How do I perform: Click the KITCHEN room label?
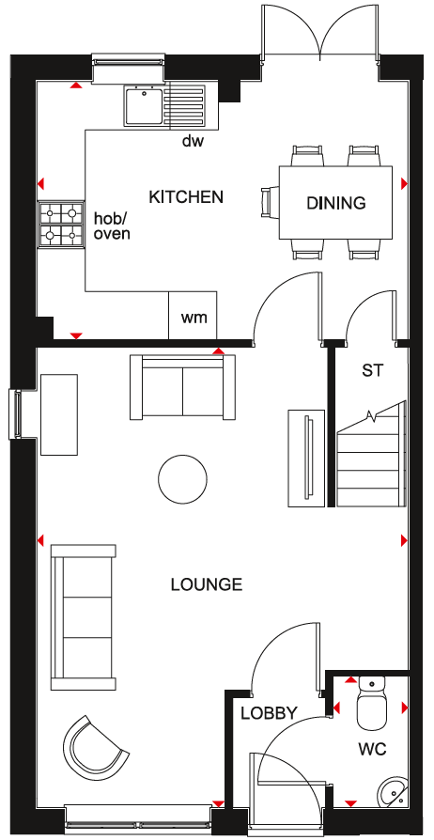tap(185, 196)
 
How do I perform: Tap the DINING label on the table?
tap(336, 203)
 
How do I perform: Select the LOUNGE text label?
tap(207, 583)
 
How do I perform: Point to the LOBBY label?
tap(269, 713)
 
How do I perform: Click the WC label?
tap(373, 749)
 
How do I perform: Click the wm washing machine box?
tap(193, 316)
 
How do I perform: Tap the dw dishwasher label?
tap(194, 141)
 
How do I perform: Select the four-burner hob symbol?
tap(61, 224)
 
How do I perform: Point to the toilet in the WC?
tap(372, 702)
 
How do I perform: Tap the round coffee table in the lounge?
tap(182, 479)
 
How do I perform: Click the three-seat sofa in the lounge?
tap(83, 617)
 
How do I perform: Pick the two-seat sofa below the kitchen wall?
tap(182, 386)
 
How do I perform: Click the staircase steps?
tap(371, 460)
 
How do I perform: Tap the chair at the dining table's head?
tap(270, 203)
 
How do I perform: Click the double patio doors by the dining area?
tap(320, 32)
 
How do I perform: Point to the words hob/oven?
tap(112, 226)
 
